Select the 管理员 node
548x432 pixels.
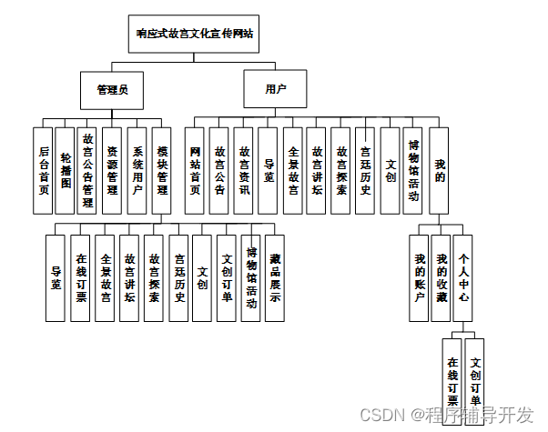pyautogui.click(x=112, y=89)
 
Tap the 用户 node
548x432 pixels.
pyautogui.click(x=275, y=89)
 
